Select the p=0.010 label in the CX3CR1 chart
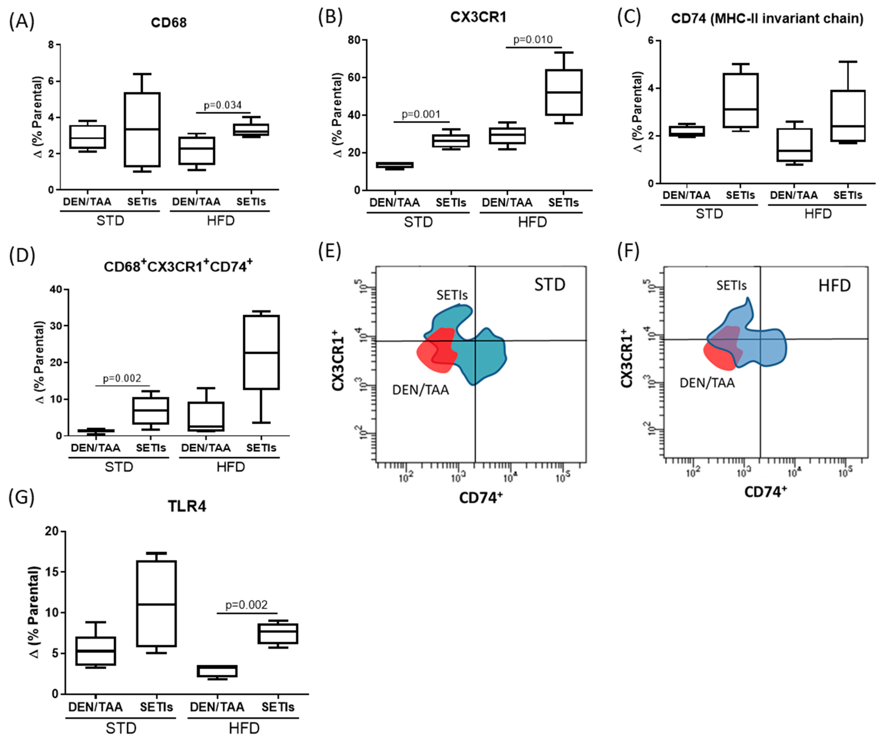click(533, 39)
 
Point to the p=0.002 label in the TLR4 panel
click(246, 605)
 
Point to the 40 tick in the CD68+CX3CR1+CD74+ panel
click(56, 290)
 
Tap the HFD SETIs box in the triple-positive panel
click(261, 352)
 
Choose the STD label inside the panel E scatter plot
click(549, 285)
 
